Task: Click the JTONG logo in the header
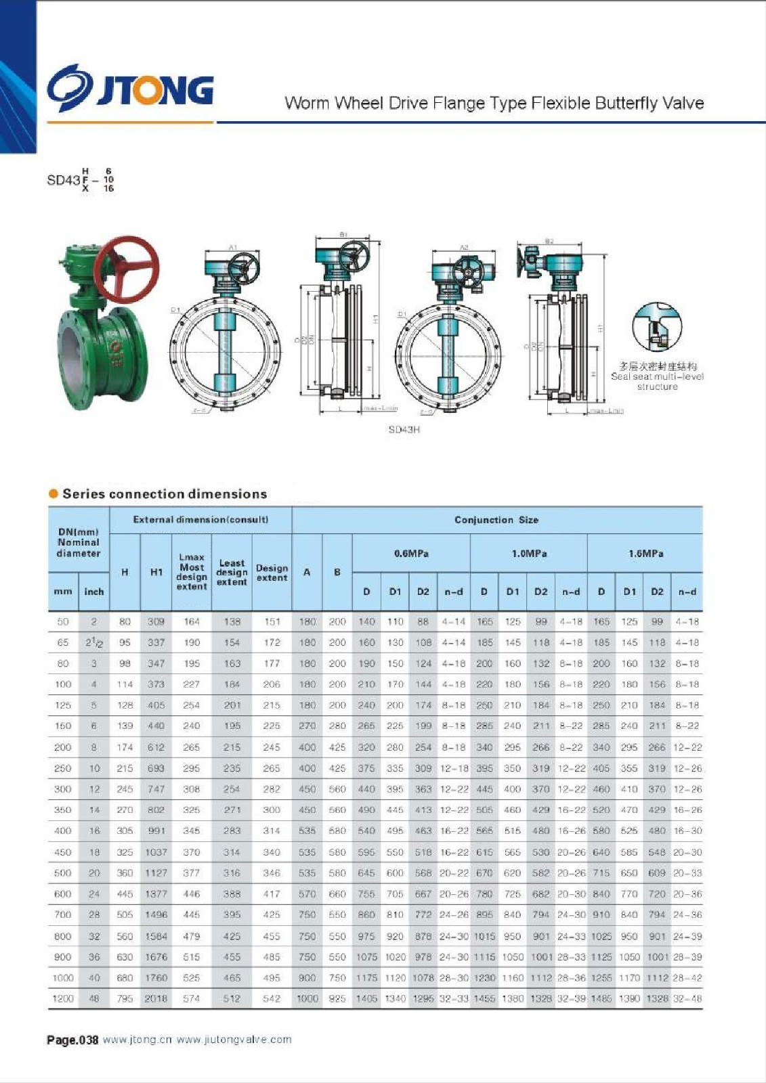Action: (x=130, y=88)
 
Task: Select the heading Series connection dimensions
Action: (x=165, y=494)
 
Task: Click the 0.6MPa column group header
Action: (x=411, y=554)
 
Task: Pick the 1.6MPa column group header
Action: (x=645, y=554)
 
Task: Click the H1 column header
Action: (x=156, y=573)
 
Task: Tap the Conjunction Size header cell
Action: (x=496, y=520)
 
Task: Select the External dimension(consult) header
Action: (x=200, y=520)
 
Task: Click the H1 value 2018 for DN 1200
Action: (x=156, y=998)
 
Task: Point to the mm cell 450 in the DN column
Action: (x=63, y=852)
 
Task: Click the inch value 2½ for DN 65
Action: (x=94, y=642)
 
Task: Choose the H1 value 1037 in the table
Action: (x=156, y=852)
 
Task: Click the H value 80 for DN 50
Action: (x=125, y=621)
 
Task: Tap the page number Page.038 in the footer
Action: (x=72, y=1040)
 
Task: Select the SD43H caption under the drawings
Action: (x=404, y=430)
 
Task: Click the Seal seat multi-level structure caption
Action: (x=657, y=382)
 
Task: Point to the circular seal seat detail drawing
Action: (x=656, y=327)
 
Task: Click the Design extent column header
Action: (x=272, y=573)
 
